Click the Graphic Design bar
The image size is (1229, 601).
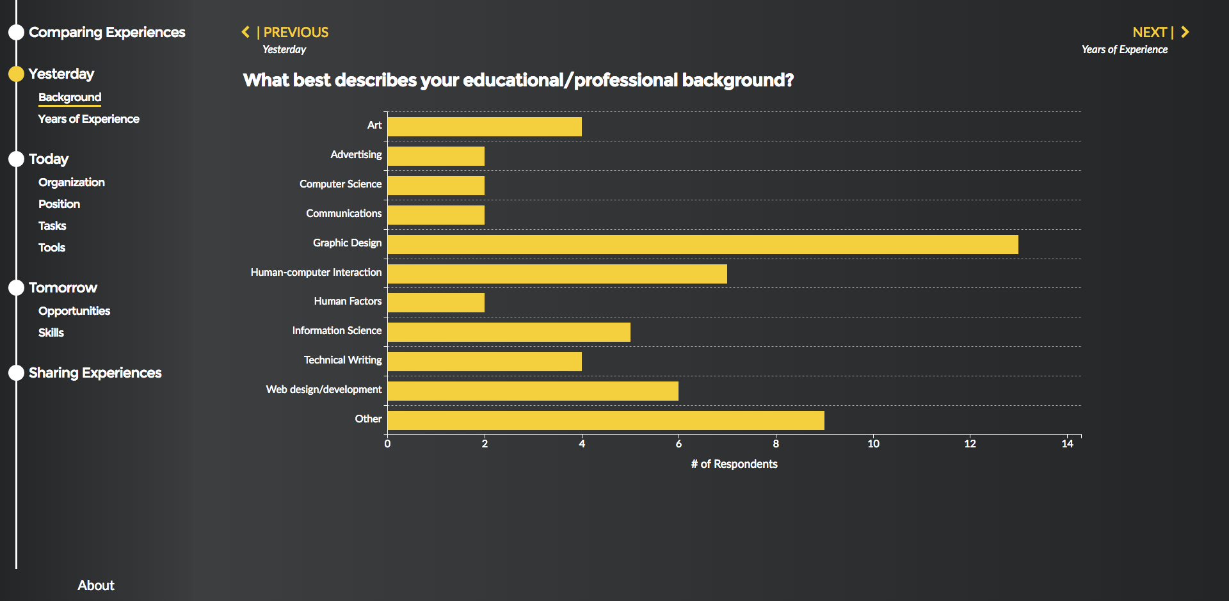703,244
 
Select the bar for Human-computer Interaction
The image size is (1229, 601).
558,274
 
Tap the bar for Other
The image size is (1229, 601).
606,421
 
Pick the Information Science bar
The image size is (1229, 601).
509,332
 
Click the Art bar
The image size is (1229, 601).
485,127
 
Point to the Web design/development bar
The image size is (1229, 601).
533,391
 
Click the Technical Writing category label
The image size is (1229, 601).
342,360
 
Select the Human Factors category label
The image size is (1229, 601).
348,301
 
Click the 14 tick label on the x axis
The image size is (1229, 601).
1067,444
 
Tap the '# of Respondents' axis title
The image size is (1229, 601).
734,464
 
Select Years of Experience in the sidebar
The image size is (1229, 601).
88,119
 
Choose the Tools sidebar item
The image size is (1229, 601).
52,248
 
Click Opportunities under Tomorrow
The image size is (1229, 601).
74,311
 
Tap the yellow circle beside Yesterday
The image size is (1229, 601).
16,74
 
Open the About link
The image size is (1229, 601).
96,586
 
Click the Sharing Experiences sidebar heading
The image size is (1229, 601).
95,373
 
